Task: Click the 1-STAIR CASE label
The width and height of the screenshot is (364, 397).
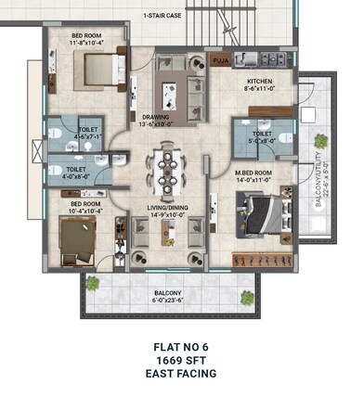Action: click(162, 17)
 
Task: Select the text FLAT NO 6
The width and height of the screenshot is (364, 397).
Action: click(181, 347)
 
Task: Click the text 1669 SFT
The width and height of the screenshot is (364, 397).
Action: click(181, 360)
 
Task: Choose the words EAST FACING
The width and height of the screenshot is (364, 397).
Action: click(181, 374)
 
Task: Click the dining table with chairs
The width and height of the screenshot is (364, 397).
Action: click(169, 166)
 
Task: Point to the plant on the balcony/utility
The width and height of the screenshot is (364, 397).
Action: click(320, 142)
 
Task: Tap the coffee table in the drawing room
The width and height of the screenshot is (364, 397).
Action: click(170, 92)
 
